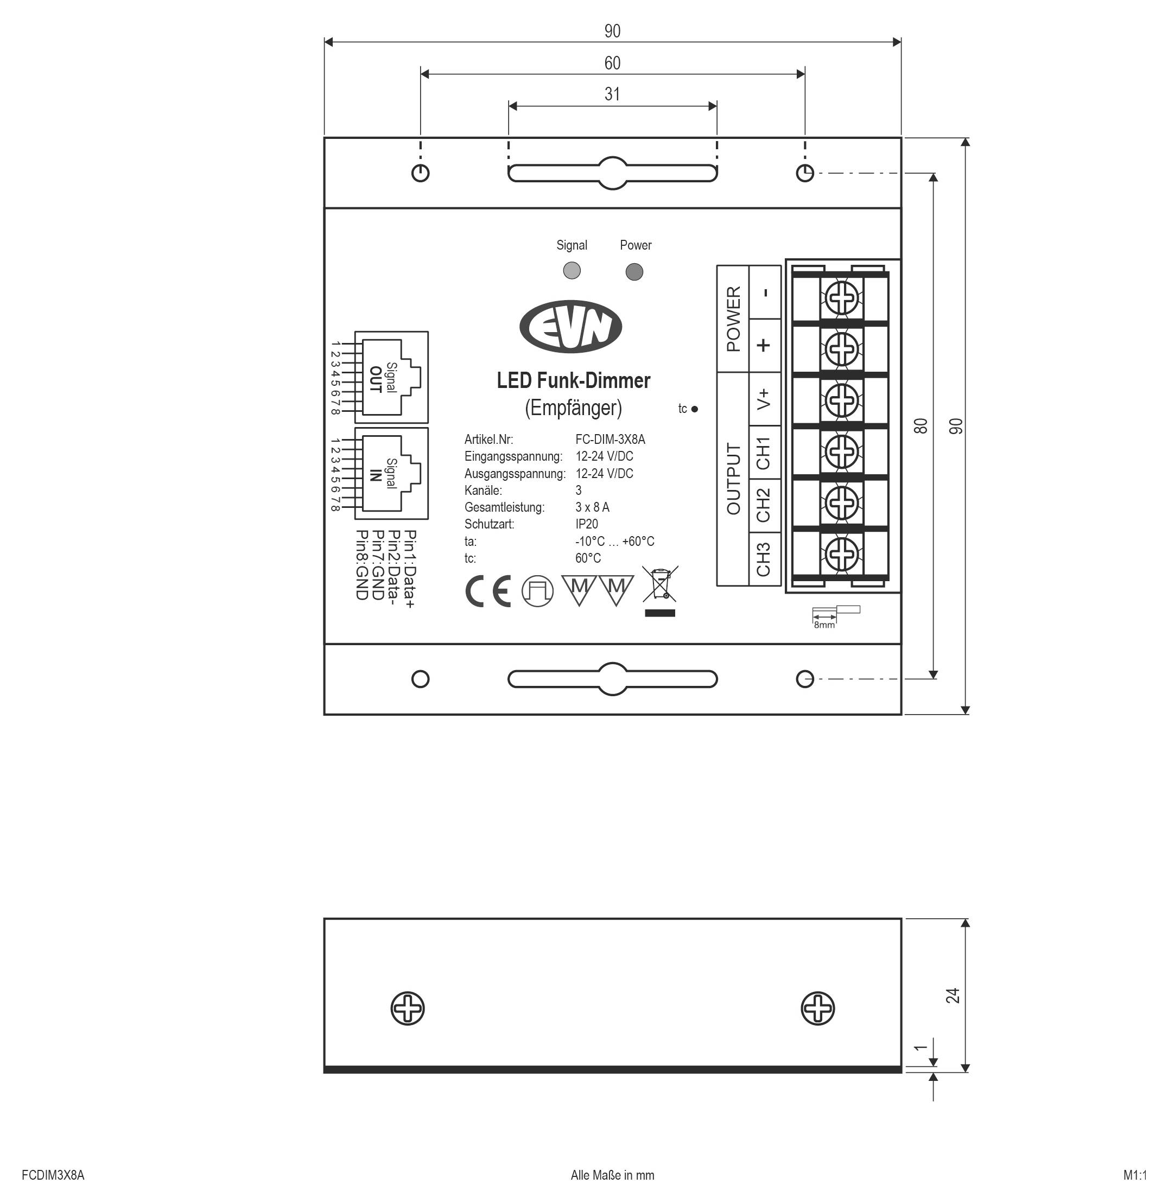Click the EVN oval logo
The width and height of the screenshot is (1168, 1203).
570,326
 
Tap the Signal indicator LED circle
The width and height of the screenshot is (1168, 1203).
572,270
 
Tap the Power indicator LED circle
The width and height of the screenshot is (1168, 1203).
634,271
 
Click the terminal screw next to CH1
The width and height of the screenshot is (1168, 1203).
841,453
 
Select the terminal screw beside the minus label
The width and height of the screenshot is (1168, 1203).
841,299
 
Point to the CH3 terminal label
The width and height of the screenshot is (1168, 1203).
764,558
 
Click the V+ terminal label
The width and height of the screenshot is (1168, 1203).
764,399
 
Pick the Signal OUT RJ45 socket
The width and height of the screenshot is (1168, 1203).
391,377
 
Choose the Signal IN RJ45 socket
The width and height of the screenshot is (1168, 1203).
391,473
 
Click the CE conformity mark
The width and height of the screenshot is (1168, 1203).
488,591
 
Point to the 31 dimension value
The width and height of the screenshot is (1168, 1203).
612,94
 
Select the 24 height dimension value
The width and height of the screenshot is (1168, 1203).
952,996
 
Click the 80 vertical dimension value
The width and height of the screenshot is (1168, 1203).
920,425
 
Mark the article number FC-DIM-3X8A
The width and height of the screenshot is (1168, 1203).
610,440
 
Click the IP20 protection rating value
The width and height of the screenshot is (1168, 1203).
587,524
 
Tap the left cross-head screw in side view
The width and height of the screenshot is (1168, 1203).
408,1008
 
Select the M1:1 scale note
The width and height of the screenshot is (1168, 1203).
1135,1175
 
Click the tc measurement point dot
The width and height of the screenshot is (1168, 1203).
694,409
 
